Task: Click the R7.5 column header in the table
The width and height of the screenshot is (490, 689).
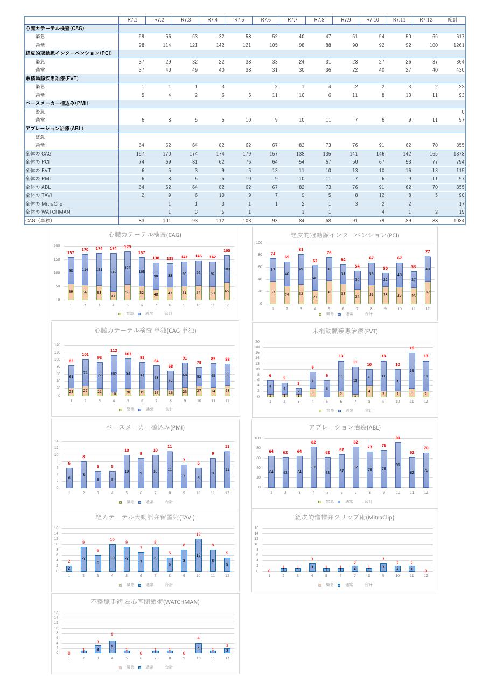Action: tap(239, 20)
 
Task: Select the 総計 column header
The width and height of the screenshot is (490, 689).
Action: tap(453, 20)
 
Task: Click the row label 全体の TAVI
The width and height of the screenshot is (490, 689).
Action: tap(39, 195)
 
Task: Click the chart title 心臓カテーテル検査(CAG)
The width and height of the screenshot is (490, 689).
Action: tap(145, 235)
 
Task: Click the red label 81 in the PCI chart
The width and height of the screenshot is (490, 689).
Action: tap(301, 250)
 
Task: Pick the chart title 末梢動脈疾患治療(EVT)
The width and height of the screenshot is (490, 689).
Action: tap(345, 331)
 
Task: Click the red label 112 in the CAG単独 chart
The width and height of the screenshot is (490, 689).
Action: tap(114, 351)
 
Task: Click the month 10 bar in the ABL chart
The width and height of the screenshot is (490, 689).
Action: tap(398, 465)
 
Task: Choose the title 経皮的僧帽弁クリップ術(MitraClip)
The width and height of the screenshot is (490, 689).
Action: tap(345, 517)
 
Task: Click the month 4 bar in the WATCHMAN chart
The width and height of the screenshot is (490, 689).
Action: tap(113, 646)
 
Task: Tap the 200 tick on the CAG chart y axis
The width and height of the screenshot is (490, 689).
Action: tap(57, 246)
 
